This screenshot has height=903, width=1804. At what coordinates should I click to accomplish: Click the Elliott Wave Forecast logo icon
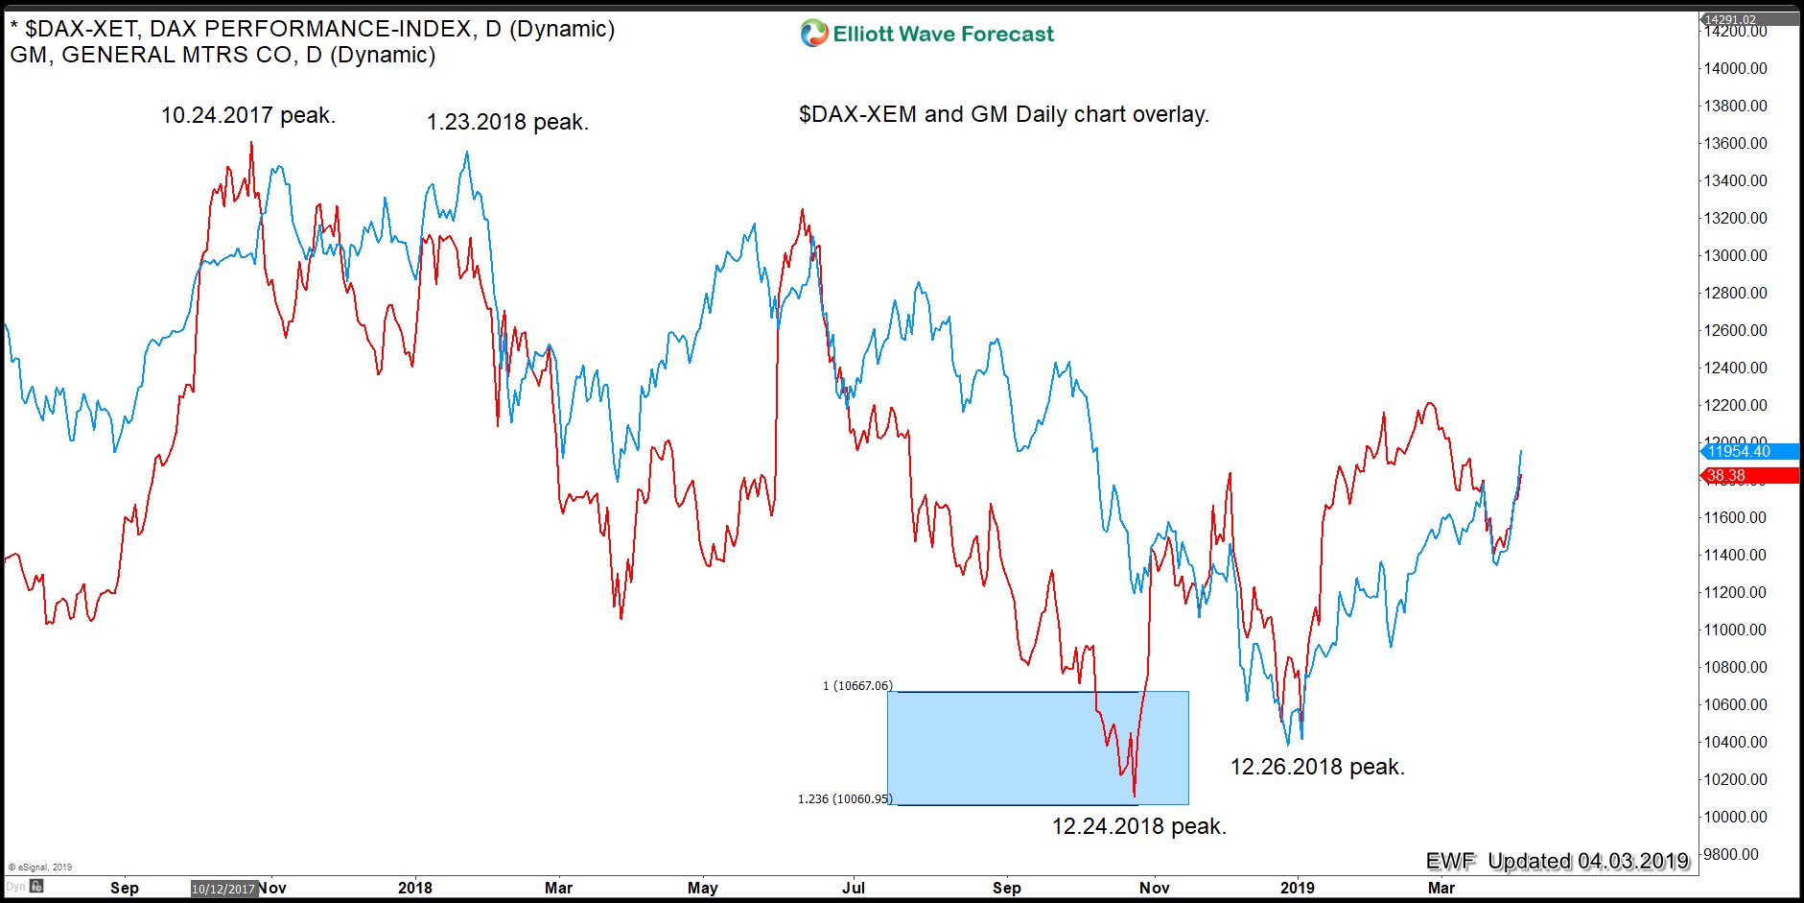click(813, 34)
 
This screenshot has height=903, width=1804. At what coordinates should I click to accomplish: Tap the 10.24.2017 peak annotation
click(247, 116)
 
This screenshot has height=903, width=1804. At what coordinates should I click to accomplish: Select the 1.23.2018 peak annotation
click(507, 123)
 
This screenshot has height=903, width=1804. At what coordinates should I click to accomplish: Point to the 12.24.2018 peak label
click(1138, 826)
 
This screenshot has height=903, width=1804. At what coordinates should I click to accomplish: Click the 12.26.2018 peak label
click(1317, 767)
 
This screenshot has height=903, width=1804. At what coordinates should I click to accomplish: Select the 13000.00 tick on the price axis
click(1735, 255)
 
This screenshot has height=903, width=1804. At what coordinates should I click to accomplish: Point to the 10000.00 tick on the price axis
click(1735, 817)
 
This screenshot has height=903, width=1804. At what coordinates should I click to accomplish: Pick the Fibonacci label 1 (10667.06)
click(857, 686)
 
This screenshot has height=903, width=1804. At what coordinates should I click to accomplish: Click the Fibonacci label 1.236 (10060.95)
click(845, 799)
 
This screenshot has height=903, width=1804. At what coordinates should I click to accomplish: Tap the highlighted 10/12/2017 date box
click(223, 889)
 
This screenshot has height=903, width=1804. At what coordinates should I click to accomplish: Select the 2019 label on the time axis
click(1297, 888)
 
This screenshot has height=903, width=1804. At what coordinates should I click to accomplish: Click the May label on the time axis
click(702, 888)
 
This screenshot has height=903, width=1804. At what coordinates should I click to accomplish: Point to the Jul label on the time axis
click(853, 888)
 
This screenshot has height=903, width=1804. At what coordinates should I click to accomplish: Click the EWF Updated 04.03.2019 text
click(1556, 861)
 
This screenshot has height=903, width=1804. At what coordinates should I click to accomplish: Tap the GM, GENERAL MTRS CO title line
click(223, 56)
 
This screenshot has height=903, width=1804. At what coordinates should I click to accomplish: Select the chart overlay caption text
click(1003, 114)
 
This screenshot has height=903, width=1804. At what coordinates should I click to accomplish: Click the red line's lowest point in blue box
click(1135, 796)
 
